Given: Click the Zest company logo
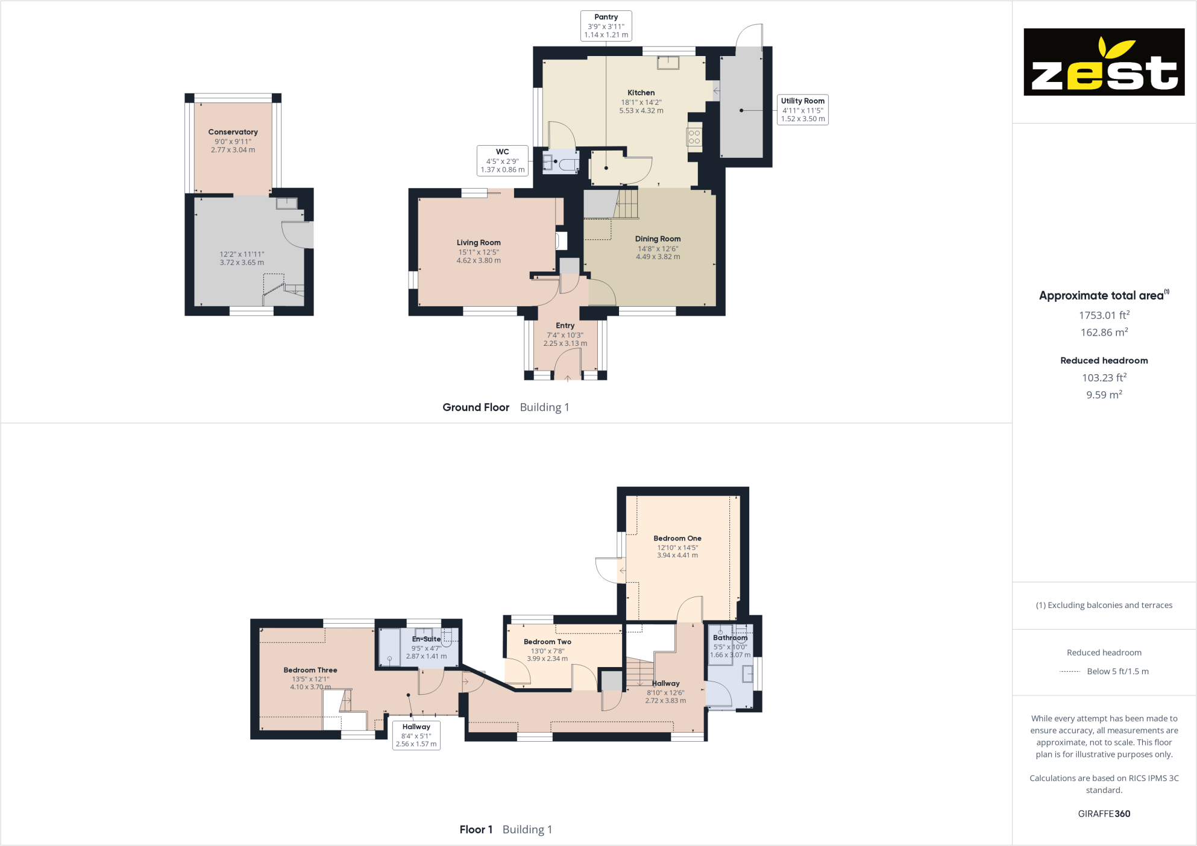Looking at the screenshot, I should point(1104,62).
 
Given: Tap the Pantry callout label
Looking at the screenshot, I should point(606,26).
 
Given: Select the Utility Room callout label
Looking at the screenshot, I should point(802,110).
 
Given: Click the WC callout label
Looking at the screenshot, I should point(502,161).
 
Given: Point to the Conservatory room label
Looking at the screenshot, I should point(233,132).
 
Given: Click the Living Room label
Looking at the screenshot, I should point(479,243).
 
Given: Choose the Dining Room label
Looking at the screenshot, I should point(658,239).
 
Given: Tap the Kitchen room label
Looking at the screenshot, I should point(641,93).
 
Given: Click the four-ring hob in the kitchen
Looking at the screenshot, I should point(694,137).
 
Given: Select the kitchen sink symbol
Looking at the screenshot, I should point(668,62).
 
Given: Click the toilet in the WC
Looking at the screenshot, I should point(567,164).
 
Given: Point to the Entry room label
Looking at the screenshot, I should point(565,325).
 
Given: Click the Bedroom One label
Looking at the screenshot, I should point(677,538).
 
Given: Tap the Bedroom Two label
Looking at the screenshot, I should point(547,642).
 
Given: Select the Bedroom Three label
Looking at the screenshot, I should point(310,670).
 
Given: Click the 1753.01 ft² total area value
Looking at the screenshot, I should point(1104,315).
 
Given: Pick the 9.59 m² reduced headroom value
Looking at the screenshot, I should point(1104,395).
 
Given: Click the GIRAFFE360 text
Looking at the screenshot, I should point(1104,813).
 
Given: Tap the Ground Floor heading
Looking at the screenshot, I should point(476,407).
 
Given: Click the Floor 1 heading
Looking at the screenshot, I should point(476,830).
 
